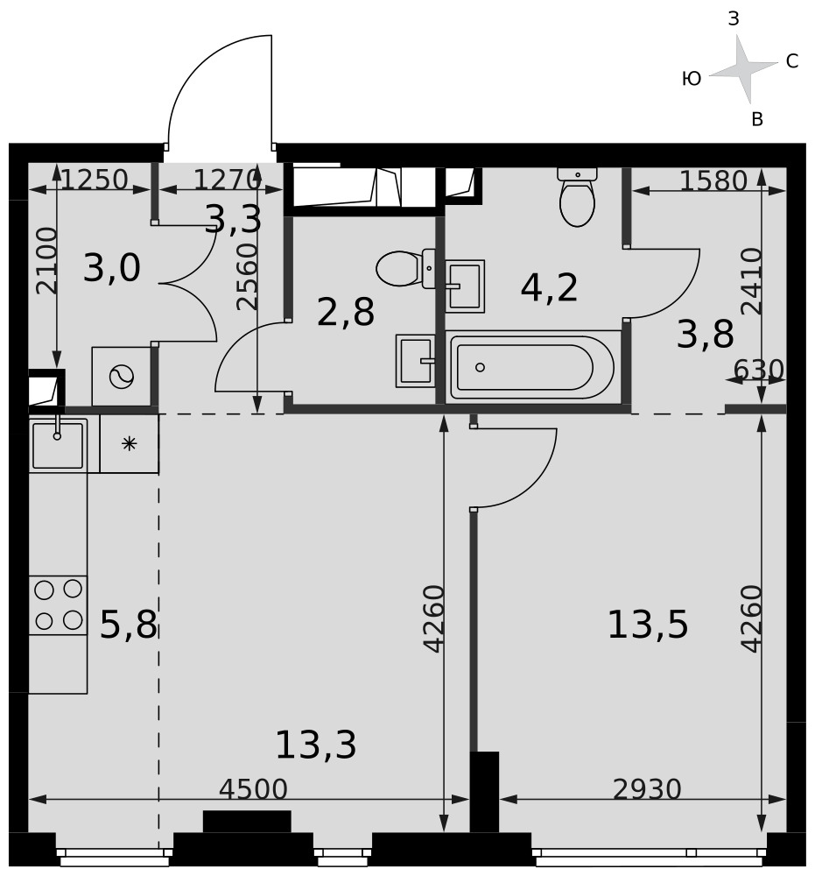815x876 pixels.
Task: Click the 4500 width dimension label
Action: pos(253,789)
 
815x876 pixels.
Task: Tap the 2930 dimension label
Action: pos(647,789)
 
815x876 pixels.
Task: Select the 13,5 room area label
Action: pos(648,624)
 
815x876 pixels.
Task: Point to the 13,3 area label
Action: pos(316,745)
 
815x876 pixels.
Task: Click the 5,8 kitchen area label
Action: pos(129,624)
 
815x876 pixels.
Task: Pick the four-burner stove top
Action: pos(58,605)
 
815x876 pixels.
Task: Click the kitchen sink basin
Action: pos(58,445)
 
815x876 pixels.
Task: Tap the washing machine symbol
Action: pos(122,377)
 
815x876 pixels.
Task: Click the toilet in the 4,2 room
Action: pos(577,197)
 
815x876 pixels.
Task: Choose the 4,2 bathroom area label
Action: pos(549,287)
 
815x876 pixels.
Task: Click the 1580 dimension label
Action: pos(713,180)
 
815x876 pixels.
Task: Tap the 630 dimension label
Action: pos(758,370)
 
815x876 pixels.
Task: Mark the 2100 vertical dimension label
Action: pos(46,260)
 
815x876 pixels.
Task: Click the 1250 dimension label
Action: pos(95,180)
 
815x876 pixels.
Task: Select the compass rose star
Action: pos(743,69)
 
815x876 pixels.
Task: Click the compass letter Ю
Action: pos(692,79)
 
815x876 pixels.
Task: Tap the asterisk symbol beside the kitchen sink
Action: pos(129,444)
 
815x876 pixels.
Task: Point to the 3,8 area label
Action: pos(705,335)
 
